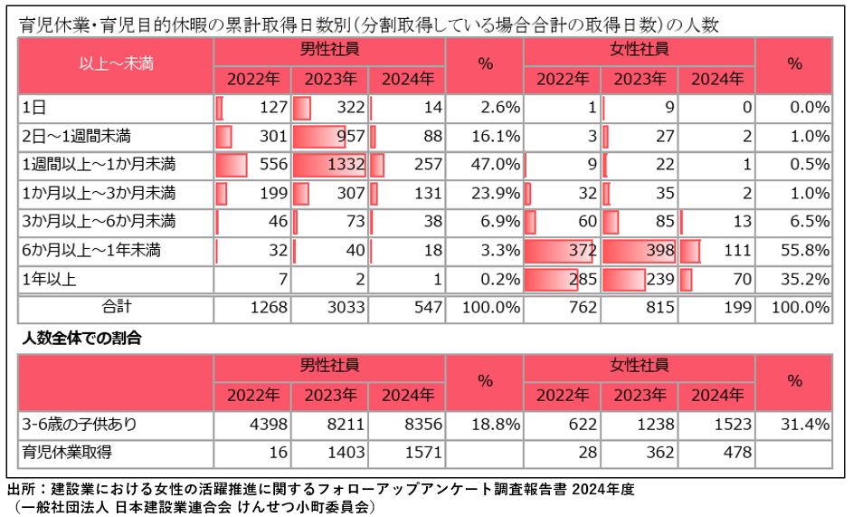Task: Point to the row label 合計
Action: pos(116,307)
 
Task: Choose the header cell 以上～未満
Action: pos(116,64)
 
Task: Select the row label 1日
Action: pos(34,108)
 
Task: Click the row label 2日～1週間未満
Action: pos(77,137)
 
